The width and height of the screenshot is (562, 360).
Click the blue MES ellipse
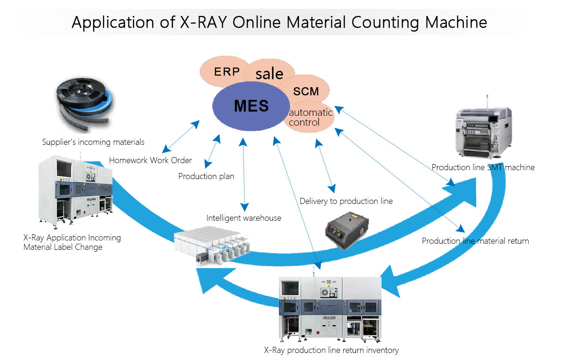(251, 106)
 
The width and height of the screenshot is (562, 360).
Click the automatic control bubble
(311, 118)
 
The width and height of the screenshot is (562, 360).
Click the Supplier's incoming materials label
(93, 142)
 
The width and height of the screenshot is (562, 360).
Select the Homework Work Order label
(150, 160)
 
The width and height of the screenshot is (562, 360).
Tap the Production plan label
(206, 177)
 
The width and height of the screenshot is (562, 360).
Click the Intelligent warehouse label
(244, 217)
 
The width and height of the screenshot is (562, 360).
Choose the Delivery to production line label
(346, 201)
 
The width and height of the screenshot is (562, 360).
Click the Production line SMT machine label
(483, 167)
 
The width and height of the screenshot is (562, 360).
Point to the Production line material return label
(475, 241)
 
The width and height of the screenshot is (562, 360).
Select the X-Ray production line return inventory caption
(331, 350)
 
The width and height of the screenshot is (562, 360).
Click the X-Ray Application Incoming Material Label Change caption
(72, 242)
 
